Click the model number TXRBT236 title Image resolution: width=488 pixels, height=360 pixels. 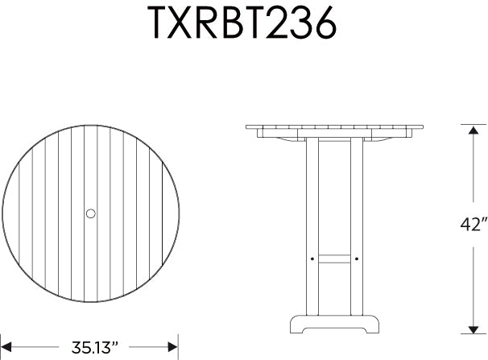(x=242, y=25)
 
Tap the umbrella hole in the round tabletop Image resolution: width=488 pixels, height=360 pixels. (x=90, y=213)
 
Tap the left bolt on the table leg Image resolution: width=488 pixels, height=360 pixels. (x=312, y=259)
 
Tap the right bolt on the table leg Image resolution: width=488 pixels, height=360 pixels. (x=355, y=259)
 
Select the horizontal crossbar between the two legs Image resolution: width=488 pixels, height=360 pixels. (x=333, y=259)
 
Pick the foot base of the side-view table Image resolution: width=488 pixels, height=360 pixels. (x=333, y=324)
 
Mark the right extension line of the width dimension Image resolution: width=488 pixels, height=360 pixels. (x=177, y=342)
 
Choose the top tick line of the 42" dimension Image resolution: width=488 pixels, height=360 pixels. (x=472, y=124)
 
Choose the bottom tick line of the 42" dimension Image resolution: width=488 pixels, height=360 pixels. (x=472, y=333)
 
